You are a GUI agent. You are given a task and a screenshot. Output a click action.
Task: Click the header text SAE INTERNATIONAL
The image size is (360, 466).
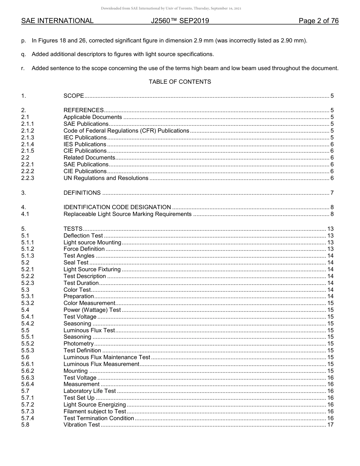(57, 21)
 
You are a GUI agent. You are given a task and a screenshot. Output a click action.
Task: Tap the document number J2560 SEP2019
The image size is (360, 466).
(180, 21)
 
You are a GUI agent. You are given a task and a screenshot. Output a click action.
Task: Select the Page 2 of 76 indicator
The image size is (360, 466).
(318, 21)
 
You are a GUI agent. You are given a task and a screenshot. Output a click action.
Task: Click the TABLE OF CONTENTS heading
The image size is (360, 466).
(180, 82)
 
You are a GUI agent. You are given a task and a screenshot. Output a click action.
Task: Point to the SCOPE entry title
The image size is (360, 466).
(74, 96)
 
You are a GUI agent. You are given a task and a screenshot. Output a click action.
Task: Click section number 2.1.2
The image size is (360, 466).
(27, 131)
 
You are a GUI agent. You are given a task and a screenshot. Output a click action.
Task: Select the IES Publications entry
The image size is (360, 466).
(85, 144)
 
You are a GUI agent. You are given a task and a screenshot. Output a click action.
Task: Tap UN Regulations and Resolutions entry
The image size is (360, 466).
(106, 178)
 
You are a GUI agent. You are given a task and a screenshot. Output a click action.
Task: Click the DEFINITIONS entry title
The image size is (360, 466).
(82, 193)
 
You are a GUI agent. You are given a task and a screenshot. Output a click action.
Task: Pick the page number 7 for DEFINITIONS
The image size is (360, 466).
(332, 193)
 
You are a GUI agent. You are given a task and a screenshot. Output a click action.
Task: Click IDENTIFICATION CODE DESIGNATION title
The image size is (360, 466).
(117, 207)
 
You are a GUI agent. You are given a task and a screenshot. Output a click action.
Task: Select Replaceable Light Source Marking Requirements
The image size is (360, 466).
(127, 214)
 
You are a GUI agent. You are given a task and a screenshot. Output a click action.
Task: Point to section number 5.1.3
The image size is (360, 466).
(27, 256)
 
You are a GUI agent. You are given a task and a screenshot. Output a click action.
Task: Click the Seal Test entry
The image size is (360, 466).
(76, 263)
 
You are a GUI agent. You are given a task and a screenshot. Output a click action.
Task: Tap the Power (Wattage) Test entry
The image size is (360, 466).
(92, 310)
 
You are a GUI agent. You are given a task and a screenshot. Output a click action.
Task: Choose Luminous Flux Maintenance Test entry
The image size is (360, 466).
(107, 357)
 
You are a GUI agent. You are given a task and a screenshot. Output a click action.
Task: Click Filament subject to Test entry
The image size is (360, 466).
(95, 411)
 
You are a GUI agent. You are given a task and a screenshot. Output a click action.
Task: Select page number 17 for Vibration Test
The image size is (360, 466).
(330, 425)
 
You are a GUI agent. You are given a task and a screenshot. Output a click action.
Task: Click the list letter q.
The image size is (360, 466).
(23, 54)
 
